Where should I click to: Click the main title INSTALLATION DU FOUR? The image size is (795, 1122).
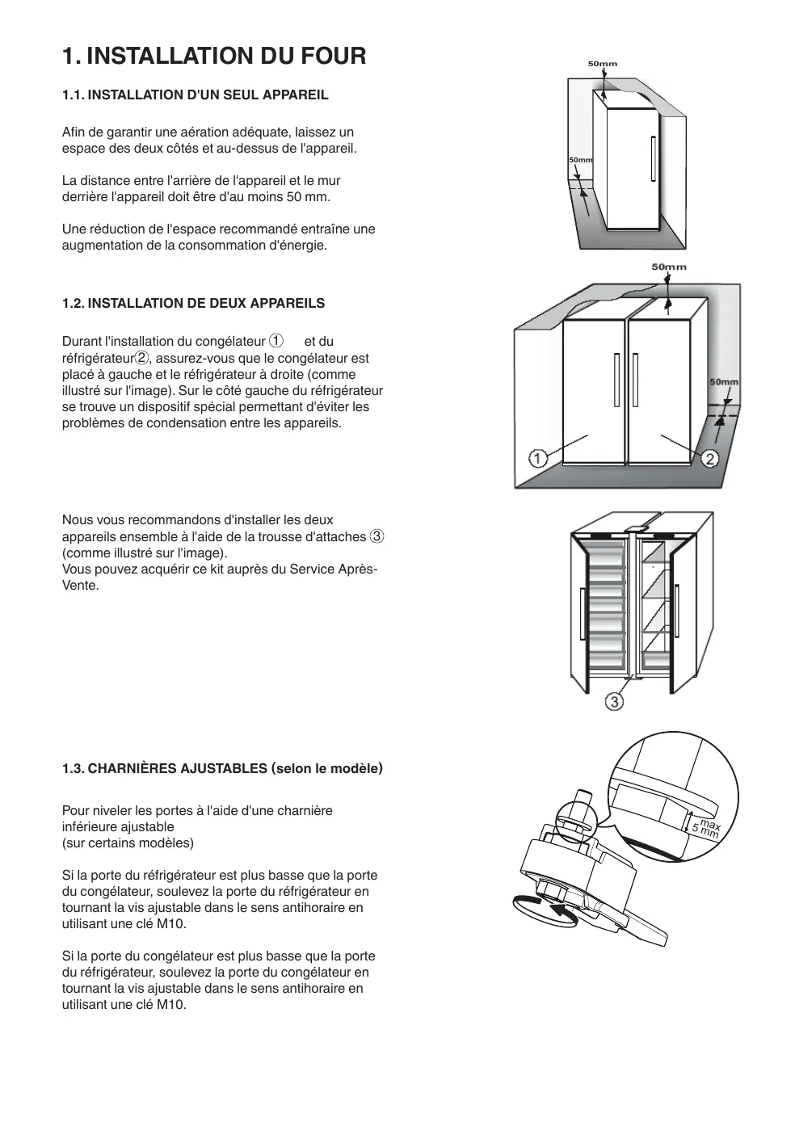pyautogui.click(x=214, y=56)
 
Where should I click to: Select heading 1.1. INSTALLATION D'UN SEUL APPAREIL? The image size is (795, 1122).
pyautogui.click(x=196, y=95)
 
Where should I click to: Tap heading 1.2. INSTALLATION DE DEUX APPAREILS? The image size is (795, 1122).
pyautogui.click(x=193, y=304)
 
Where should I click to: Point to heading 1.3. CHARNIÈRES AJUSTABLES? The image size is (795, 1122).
pyautogui.click(x=222, y=768)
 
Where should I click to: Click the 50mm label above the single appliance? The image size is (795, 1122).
pyautogui.click(x=602, y=64)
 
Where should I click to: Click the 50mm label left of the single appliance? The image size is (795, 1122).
pyautogui.click(x=580, y=160)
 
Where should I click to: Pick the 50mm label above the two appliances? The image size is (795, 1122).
pyautogui.click(x=669, y=267)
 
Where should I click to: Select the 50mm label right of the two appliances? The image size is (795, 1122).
pyautogui.click(x=723, y=382)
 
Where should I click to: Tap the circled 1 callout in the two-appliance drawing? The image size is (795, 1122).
pyautogui.click(x=537, y=459)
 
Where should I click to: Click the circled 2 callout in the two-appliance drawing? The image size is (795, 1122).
pyautogui.click(x=709, y=459)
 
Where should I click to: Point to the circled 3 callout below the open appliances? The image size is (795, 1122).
pyautogui.click(x=614, y=702)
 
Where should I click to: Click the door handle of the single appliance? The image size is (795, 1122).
pyautogui.click(x=651, y=159)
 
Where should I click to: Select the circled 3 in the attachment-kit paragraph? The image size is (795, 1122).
pyautogui.click(x=376, y=536)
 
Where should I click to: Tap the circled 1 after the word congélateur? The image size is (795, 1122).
pyautogui.click(x=276, y=341)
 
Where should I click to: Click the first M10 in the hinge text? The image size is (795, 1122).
pyautogui.click(x=171, y=924)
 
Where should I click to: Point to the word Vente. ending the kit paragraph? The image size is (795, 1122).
pyautogui.click(x=81, y=586)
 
